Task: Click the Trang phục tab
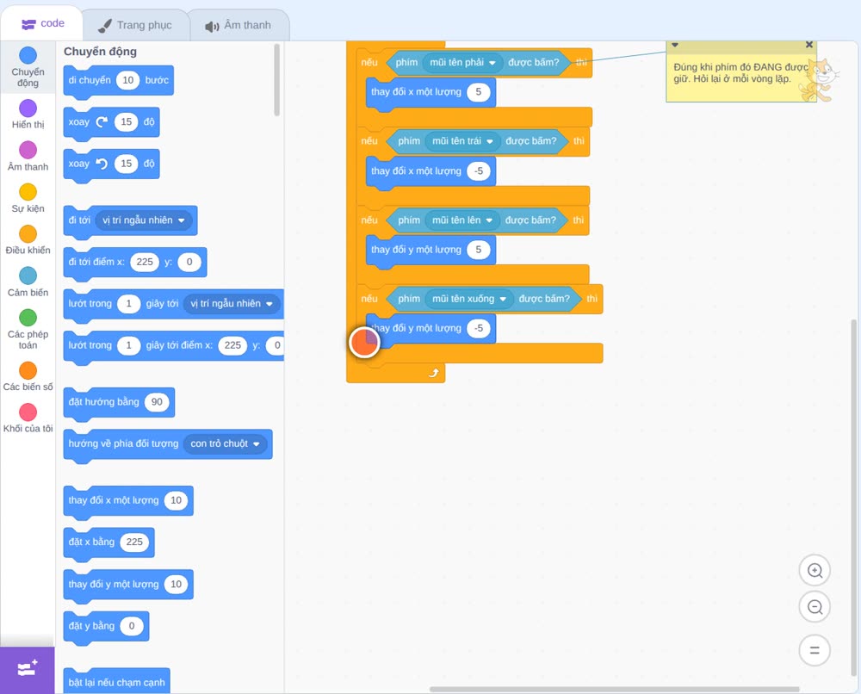click(136, 25)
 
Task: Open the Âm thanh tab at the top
click(238, 25)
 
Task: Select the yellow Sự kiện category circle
click(28, 192)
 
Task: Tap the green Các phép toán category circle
click(28, 318)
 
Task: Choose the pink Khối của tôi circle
click(28, 412)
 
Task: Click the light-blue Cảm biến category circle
click(28, 276)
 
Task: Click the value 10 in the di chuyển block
click(128, 80)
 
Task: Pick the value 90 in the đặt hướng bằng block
click(157, 402)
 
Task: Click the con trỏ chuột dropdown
click(225, 443)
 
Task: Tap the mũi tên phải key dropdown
click(463, 63)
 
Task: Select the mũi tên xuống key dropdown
click(469, 299)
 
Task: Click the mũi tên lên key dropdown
click(462, 220)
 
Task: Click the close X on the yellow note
click(808, 45)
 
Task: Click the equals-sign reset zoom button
click(815, 651)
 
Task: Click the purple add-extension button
click(28, 669)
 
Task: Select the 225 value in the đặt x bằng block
click(134, 542)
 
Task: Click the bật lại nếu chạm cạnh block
click(116, 681)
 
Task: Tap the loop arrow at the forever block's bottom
click(434, 374)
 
